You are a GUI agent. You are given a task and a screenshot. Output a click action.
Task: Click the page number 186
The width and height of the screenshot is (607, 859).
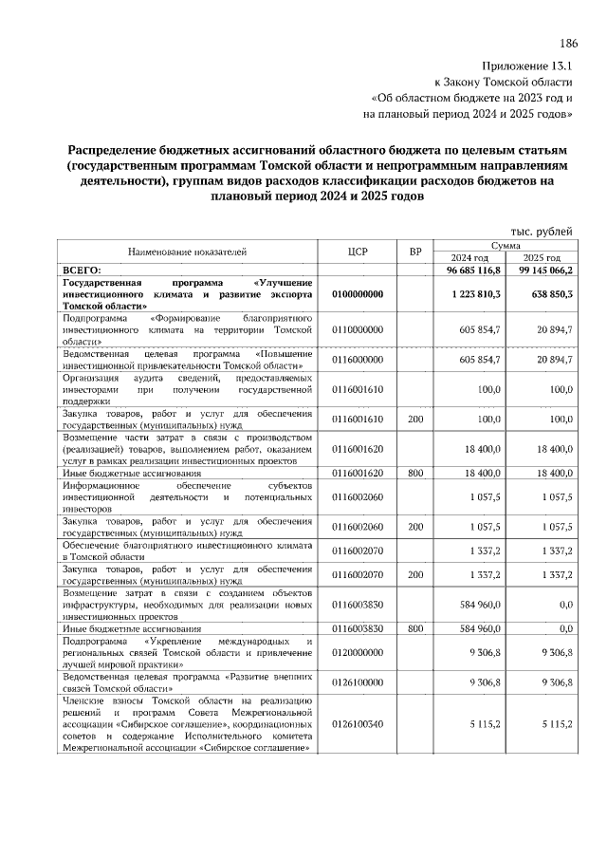568,44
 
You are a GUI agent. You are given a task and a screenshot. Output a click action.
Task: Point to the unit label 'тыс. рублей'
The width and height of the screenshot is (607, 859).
542,232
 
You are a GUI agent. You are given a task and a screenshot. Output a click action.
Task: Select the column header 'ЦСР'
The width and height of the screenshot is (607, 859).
358,252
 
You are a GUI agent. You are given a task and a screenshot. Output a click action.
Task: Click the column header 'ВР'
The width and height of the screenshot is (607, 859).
414,252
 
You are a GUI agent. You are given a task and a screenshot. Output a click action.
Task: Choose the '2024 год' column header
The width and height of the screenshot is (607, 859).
469,258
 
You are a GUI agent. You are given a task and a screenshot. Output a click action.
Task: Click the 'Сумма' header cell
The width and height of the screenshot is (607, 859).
506,245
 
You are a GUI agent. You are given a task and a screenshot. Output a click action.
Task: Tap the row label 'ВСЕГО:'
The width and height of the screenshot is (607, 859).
82,271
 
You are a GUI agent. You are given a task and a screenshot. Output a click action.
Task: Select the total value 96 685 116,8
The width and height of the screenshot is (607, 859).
468,271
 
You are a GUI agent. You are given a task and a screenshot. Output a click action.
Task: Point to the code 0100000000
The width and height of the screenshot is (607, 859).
358,294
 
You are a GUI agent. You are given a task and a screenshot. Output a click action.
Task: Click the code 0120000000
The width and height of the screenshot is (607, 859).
358,654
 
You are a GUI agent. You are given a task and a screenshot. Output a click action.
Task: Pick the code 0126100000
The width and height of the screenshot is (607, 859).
358,682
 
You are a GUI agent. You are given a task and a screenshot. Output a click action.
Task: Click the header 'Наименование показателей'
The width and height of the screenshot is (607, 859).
187,252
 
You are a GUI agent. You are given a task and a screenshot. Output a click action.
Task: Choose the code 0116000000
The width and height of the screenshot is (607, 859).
358,361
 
